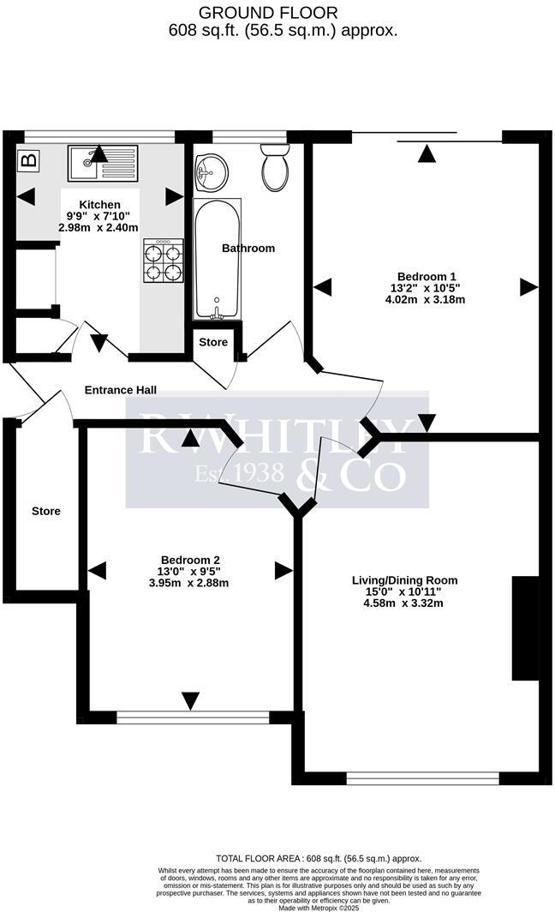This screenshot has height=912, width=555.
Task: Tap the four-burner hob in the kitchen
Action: (163, 261)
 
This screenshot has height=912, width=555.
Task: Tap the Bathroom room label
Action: (248, 249)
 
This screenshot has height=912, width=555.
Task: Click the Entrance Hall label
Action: (120, 390)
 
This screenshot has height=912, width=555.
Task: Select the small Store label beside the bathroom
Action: (213, 343)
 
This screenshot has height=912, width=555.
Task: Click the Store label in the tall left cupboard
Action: (46, 512)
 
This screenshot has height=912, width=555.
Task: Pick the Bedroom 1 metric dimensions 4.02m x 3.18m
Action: (427, 300)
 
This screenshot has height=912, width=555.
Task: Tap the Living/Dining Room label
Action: (405, 580)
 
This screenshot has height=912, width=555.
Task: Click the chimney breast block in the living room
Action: (525, 629)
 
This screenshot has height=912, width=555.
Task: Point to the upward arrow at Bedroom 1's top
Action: (427, 154)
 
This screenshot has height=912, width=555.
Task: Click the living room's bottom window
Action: (422, 778)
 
